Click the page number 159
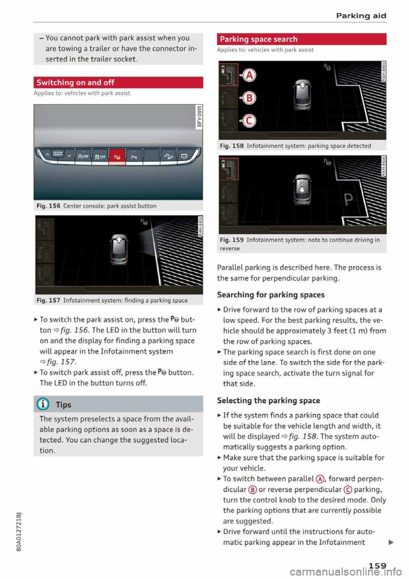coord(377,566)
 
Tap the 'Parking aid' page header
coord(361,16)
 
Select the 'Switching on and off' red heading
coord(75,83)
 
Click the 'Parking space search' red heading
coord(259,39)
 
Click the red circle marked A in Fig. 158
coord(249,75)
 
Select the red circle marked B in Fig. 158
coord(249,98)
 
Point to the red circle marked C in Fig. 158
coord(249,121)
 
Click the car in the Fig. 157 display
coord(119,250)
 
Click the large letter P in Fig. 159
coord(348,199)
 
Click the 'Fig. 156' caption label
coord(49,206)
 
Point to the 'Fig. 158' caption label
coord(232,146)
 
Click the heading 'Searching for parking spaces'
coord(271,295)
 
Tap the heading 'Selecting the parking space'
coord(268,400)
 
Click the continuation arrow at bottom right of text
coord(391,542)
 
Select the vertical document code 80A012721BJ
coord(18,529)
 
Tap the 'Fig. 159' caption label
coord(232,240)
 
